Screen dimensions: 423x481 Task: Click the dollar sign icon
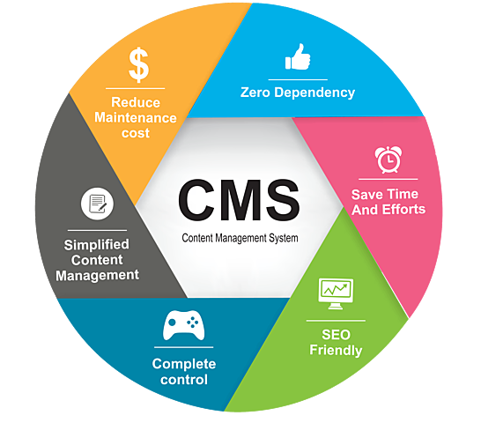[x=138, y=64]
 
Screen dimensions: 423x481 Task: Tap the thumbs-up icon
[x=297, y=59]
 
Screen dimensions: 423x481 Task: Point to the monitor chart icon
[x=335, y=291]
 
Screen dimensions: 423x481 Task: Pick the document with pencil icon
[x=96, y=204]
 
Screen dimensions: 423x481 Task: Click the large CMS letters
[x=239, y=201]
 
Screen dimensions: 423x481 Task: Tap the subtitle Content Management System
[x=240, y=239]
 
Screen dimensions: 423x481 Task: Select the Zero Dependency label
[x=298, y=92]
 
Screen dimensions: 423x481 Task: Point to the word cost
[x=136, y=132]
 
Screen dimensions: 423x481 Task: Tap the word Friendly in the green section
[x=335, y=350]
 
